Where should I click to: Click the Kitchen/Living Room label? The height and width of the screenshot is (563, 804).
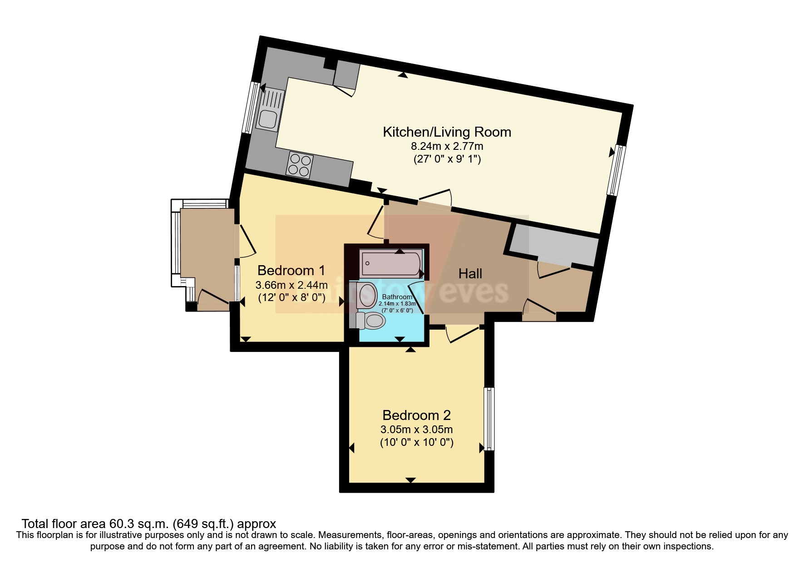tap(447, 132)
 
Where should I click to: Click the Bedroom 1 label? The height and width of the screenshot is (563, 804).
tap(291, 271)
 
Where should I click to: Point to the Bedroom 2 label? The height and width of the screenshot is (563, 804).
tap(416, 415)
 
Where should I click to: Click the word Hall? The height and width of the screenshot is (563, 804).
tap(470, 273)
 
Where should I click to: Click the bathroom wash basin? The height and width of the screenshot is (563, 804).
tap(367, 296)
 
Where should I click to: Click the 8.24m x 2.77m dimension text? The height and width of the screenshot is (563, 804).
tap(447, 146)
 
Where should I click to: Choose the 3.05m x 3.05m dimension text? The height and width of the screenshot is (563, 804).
tap(416, 429)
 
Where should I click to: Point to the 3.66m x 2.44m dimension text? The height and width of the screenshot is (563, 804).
tap(291, 285)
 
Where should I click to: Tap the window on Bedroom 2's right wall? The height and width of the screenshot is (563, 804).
tap(489, 418)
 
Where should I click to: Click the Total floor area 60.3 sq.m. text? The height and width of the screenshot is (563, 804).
tap(148, 523)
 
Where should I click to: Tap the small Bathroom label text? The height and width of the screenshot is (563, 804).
tap(397, 297)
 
